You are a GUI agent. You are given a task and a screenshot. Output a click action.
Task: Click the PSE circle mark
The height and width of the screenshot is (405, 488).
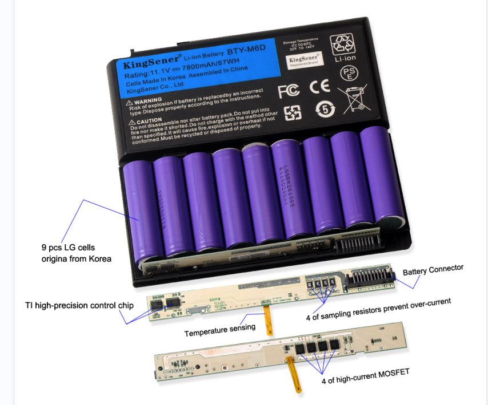[x=349, y=73]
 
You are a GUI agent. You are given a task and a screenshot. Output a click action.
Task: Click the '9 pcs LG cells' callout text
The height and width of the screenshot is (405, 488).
[x=69, y=248]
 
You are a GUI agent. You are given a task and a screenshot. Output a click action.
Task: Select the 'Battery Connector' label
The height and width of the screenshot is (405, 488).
[x=433, y=269]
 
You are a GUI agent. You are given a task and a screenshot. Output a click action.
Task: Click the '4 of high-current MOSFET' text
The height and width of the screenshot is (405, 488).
[x=366, y=374]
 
